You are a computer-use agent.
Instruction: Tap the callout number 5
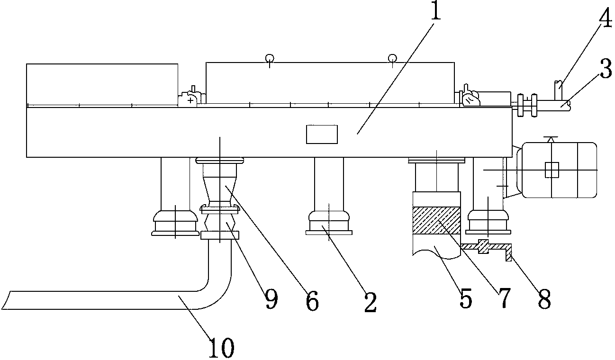tap(464, 297)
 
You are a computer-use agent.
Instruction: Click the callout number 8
tap(544, 298)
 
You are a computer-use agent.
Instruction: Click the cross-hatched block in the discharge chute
tap(436, 220)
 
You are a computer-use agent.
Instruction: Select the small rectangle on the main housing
tap(322, 134)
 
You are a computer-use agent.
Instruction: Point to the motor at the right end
tap(559, 169)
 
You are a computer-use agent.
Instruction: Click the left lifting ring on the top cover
tap(270, 59)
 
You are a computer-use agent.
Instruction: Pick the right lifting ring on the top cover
tap(392, 58)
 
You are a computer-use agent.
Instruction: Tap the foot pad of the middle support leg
tap(329, 232)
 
